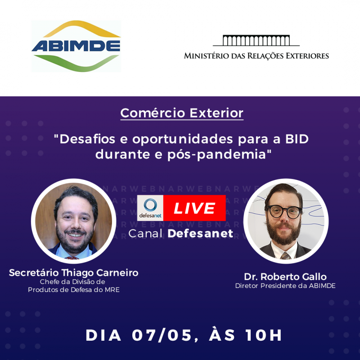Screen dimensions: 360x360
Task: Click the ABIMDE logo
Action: click(76, 46)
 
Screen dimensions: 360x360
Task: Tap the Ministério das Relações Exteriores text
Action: click(256, 56)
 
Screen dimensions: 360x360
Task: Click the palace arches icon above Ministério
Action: click(256, 40)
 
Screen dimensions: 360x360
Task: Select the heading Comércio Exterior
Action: click(182, 112)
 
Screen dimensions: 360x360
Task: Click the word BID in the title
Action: click(297, 138)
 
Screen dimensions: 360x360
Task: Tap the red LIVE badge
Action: click(194, 208)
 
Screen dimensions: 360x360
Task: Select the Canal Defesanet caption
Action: click(181, 233)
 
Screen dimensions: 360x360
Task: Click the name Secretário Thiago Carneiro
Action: click(74, 273)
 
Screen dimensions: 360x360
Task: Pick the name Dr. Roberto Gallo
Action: click(285, 276)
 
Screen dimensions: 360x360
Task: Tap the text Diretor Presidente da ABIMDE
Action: click(285, 286)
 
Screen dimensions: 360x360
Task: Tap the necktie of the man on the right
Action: click(285, 255)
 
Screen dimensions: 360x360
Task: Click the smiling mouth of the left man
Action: click(73, 236)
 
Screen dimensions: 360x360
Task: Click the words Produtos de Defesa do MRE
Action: click(74, 289)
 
